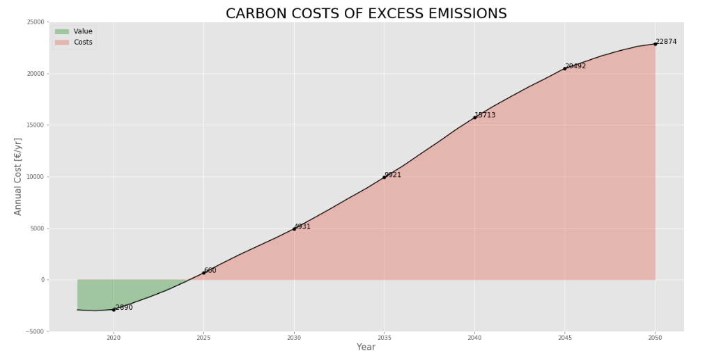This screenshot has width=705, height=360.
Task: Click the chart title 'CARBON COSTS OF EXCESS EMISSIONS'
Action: pos(366,14)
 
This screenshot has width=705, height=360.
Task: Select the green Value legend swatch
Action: pos(62,31)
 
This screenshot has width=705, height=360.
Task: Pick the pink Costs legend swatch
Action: pos(62,42)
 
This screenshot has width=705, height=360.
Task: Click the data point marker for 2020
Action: pos(114,309)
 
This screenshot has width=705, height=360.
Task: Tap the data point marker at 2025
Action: pos(204,272)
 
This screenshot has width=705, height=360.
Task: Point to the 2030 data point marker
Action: pos(294,228)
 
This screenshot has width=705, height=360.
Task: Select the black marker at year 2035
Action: pos(384,177)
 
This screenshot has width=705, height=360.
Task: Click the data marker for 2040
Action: pos(474,117)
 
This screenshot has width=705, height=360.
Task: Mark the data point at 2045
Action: pos(565,68)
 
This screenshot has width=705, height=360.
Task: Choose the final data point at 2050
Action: pos(655,44)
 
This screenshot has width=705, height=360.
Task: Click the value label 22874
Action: pos(666,42)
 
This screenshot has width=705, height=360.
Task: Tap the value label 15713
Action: pos(486,115)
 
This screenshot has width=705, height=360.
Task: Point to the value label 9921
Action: pos(393,175)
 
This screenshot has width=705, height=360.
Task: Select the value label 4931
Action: pos(302,226)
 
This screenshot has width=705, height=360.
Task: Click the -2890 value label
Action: pos(124,307)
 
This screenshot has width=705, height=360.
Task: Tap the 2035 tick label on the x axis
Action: pos(384,338)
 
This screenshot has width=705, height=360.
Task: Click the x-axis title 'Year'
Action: pos(366,347)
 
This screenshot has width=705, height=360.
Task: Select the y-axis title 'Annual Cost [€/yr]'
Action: pos(19,176)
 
